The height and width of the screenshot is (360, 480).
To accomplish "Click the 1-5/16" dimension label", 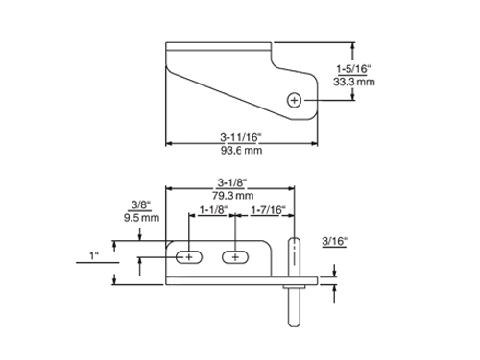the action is [x=353, y=69].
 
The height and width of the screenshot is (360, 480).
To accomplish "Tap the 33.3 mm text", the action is [x=354, y=82].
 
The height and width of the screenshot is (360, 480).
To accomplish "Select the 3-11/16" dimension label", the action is [x=241, y=137].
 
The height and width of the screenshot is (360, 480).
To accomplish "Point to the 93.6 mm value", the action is [x=241, y=150].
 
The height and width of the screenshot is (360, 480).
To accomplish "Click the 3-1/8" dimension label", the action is [x=232, y=182].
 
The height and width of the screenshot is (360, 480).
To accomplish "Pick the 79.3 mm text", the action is [x=233, y=195].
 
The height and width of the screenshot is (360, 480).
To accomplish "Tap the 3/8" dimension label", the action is [x=141, y=204].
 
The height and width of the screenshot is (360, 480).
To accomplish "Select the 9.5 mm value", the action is [x=141, y=218].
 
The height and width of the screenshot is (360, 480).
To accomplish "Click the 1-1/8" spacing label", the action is [x=214, y=210].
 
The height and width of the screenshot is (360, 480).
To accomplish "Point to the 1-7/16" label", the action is [x=268, y=210].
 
